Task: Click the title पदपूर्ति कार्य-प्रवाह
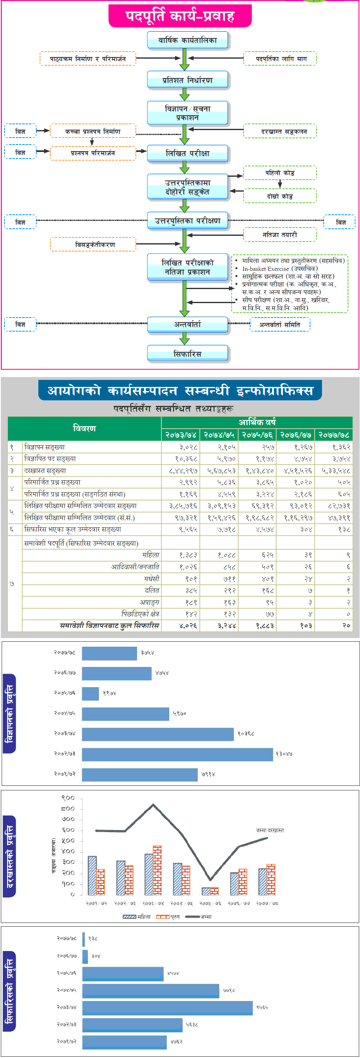click(180, 16)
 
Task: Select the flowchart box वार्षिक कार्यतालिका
click(187, 40)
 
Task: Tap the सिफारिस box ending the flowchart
click(187, 354)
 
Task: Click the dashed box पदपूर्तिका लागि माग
click(280, 59)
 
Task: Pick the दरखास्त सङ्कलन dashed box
click(280, 131)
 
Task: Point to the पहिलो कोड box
click(280, 173)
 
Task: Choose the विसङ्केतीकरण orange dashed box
click(93, 244)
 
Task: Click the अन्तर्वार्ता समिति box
click(280, 325)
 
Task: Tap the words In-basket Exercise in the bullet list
click(265, 269)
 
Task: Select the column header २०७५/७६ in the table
click(257, 435)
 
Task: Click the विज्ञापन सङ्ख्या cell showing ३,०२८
click(188, 447)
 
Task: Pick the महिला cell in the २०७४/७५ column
click(227, 555)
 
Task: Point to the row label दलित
click(152, 591)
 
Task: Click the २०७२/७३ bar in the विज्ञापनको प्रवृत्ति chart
click(178, 754)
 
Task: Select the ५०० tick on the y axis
click(68, 840)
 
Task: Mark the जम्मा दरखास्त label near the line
click(270, 830)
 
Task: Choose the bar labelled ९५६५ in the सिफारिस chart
click(167, 1008)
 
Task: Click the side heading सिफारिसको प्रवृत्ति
click(9, 991)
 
